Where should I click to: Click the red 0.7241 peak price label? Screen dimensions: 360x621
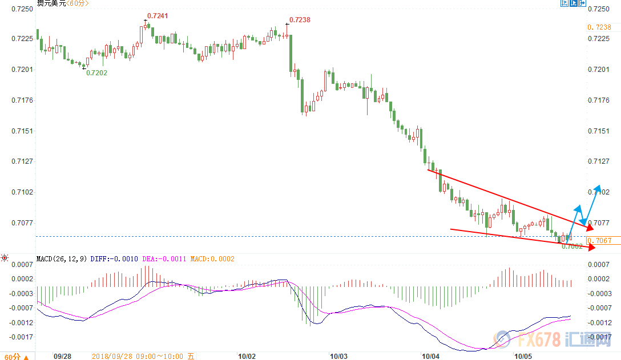(x=158, y=16)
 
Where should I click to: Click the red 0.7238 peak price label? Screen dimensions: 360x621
(x=300, y=19)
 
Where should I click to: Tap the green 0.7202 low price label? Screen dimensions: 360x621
(x=96, y=72)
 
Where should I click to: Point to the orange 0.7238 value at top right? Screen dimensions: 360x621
(x=599, y=27)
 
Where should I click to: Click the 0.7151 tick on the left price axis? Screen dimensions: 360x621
(x=22, y=131)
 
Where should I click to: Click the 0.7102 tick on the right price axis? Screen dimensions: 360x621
(x=599, y=192)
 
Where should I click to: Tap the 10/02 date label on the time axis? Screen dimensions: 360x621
(x=247, y=356)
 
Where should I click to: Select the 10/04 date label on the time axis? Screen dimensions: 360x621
(x=430, y=356)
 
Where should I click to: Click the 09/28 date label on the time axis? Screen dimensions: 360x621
(x=62, y=356)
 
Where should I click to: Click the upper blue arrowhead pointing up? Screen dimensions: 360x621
(x=598, y=189)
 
